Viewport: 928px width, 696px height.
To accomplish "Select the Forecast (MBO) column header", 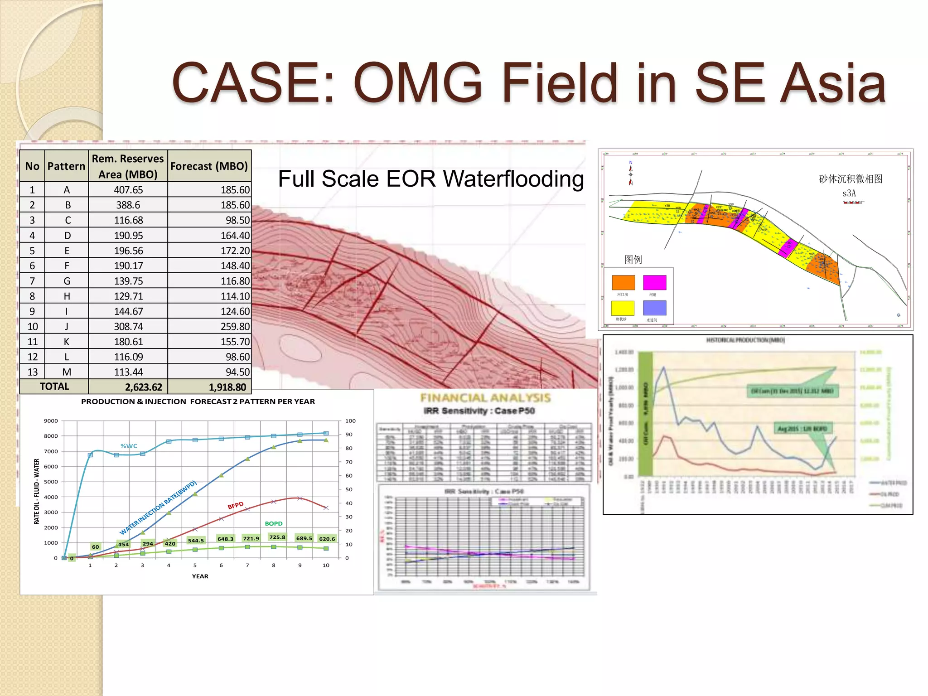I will tap(209, 166).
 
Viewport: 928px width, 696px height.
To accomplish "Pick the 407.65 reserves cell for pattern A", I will tap(128, 190).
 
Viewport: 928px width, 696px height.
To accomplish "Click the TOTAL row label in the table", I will tap(54, 387).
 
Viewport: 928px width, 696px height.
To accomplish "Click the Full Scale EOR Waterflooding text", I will tap(430, 179).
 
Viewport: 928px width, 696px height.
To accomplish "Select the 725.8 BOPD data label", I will tap(277, 537).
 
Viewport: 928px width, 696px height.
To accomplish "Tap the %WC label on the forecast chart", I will tap(129, 446).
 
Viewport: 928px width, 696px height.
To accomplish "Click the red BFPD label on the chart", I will tap(236, 505).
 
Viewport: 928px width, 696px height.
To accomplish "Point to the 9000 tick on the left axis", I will tap(51, 421).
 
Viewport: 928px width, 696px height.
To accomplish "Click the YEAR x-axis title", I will tap(200, 576).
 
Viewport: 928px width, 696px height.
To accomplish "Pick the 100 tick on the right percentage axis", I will tap(350, 421).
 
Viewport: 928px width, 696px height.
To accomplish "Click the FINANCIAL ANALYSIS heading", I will tap(485, 398).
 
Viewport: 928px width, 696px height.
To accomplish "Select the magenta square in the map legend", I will tap(654, 282).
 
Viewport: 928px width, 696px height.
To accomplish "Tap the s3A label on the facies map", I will tap(849, 193).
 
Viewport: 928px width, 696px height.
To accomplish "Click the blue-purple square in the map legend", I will tap(654, 308).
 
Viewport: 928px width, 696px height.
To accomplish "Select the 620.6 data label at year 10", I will tap(327, 539).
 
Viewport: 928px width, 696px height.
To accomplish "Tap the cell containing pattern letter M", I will tap(67, 372).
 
